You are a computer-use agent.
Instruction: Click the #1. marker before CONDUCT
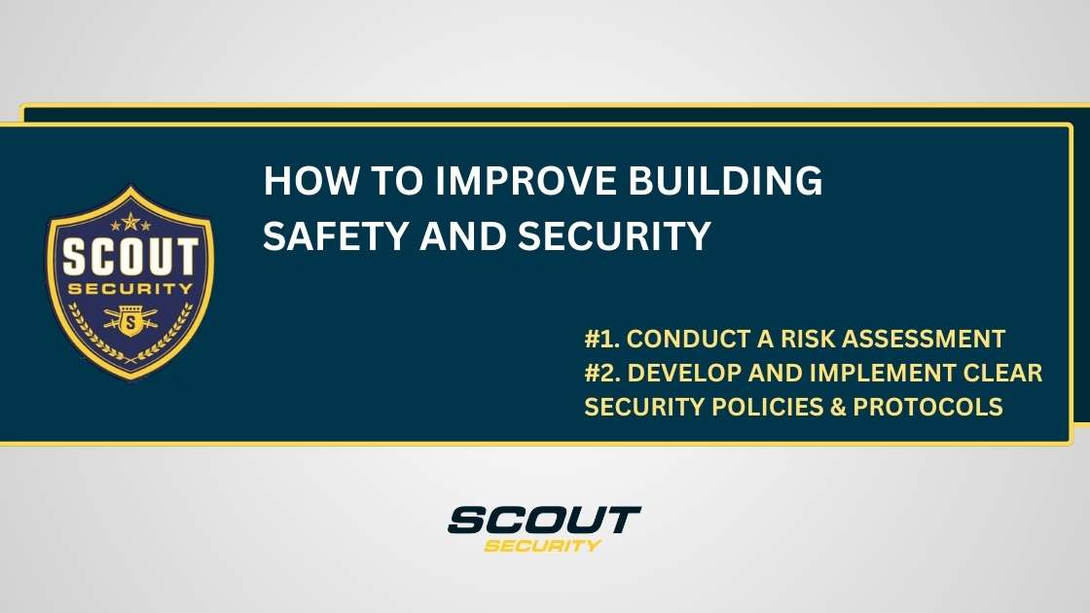pyautogui.click(x=602, y=340)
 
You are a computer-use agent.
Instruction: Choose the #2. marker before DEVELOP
pyautogui.click(x=603, y=374)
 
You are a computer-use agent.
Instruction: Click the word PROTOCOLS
pyautogui.click(x=927, y=408)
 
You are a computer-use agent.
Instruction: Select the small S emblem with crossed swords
pyautogui.click(x=130, y=321)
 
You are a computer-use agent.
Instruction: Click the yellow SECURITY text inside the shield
pyautogui.click(x=130, y=289)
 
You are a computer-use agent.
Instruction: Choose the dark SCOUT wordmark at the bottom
pyautogui.click(x=544, y=520)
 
